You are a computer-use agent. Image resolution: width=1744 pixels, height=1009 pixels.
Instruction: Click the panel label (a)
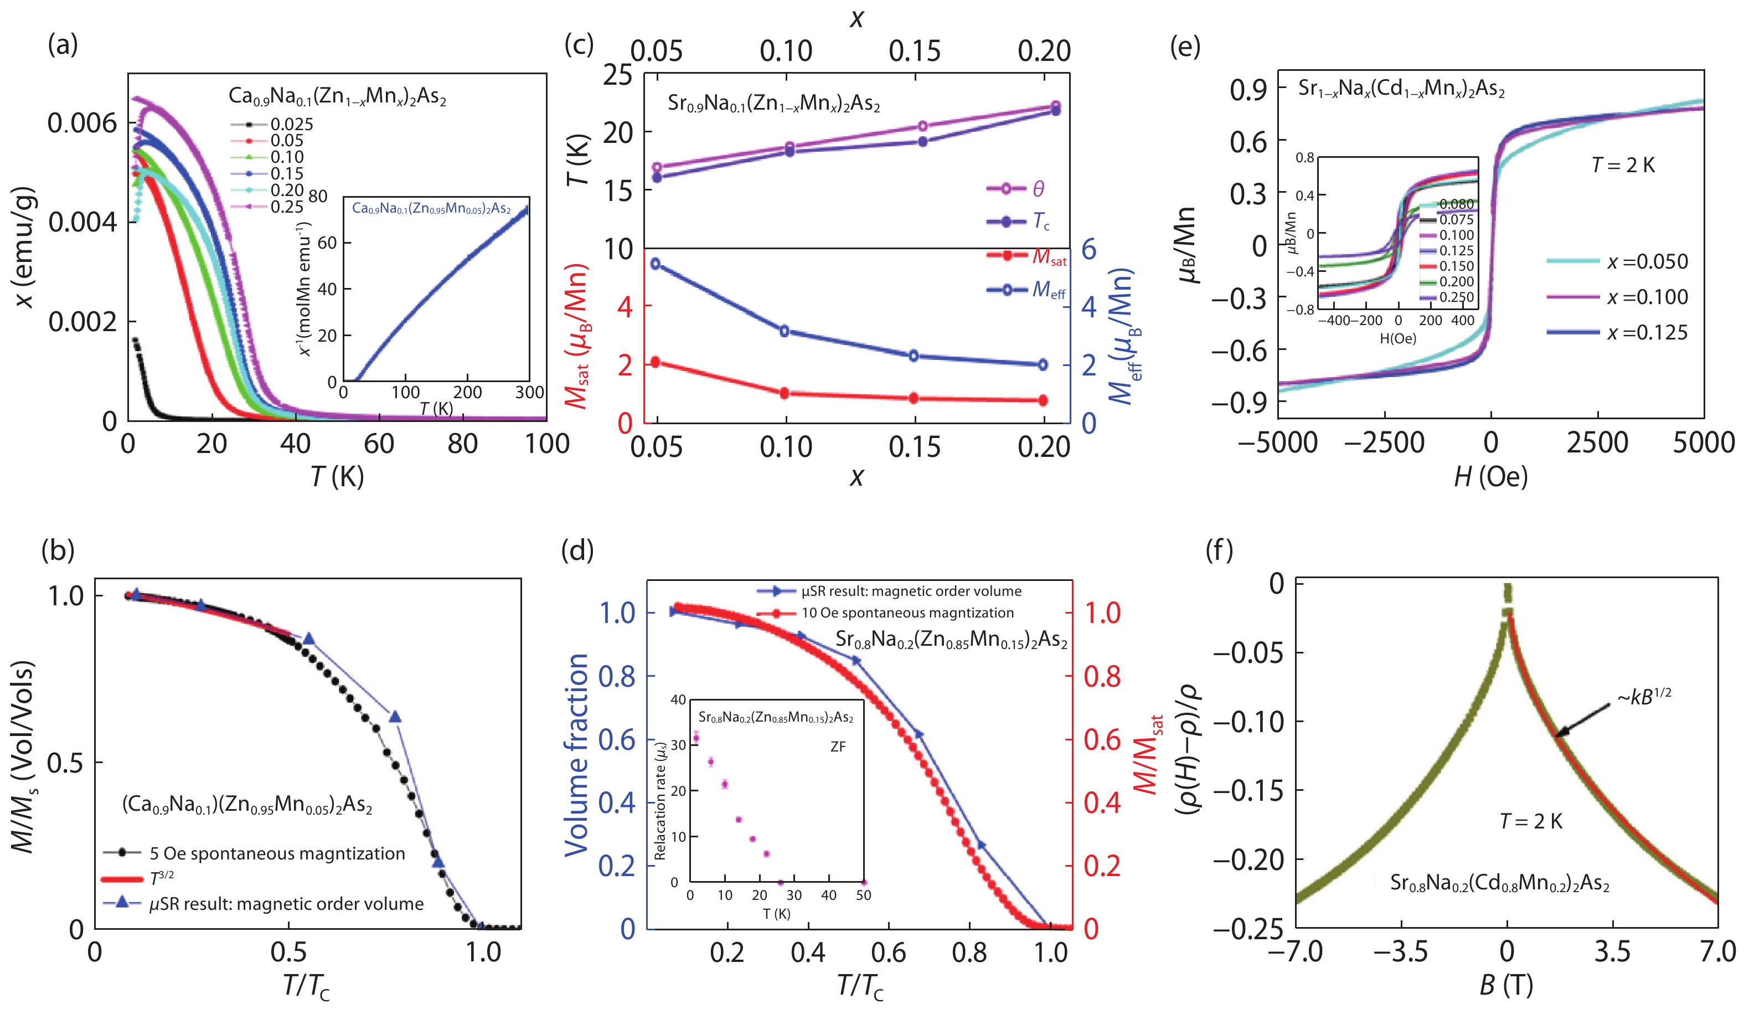[x=62, y=45]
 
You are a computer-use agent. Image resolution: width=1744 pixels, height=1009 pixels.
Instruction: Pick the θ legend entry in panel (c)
[x=1038, y=189]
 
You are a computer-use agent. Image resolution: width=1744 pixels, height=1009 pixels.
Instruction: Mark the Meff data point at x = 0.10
[x=785, y=331]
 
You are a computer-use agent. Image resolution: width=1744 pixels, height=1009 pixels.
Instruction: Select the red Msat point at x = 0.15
[x=914, y=398]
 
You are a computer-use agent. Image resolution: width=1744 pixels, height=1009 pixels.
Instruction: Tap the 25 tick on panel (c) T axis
[x=618, y=75]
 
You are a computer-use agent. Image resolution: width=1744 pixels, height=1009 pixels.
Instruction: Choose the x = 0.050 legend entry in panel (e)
[x=1647, y=261]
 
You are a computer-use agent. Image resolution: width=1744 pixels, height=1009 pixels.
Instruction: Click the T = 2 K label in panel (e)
[x=1623, y=166]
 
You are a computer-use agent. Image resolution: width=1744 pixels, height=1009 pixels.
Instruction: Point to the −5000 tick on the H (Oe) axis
[x=1278, y=443]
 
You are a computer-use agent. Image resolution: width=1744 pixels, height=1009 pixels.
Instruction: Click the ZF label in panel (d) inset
[x=837, y=747]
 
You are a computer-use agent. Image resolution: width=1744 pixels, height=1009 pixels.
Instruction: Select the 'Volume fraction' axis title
[x=576, y=754]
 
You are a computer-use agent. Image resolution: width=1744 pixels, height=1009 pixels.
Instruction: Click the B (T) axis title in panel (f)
[x=1506, y=984]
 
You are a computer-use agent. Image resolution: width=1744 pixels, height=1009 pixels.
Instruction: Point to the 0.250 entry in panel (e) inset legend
[x=1457, y=297]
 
